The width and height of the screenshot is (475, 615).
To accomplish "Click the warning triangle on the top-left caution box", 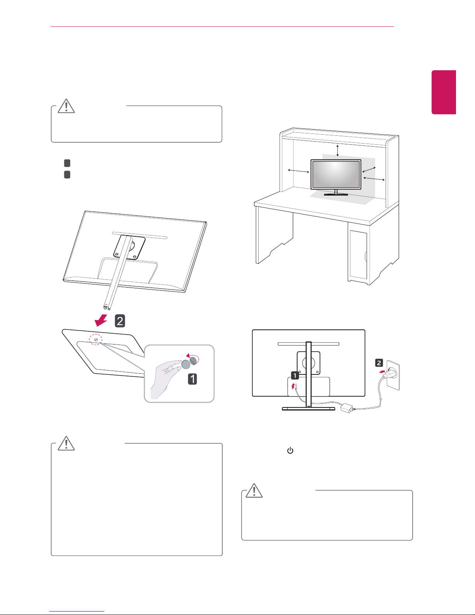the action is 66,106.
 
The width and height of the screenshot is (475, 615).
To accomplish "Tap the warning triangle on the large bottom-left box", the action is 66,443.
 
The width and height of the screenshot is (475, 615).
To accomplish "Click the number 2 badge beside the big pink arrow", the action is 120,321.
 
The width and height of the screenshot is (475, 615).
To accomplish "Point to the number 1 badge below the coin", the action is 193,379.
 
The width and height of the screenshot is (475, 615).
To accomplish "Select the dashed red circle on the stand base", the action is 95,339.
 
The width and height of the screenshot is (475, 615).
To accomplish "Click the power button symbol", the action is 290,450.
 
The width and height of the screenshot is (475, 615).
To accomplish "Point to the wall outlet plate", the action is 393,375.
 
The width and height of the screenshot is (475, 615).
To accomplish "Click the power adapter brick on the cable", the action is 346,408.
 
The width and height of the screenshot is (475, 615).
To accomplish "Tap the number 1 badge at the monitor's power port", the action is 295,376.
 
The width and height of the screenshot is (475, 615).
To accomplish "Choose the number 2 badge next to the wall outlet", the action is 379,363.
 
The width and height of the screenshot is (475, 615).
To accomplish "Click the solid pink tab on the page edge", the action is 444,92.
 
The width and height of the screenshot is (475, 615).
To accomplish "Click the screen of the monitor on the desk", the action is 336,174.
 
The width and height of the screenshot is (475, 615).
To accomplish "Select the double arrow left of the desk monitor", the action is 299,171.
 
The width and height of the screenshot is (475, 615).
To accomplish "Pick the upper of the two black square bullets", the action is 67,163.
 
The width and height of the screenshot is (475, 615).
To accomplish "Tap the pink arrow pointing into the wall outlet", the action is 382,372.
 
